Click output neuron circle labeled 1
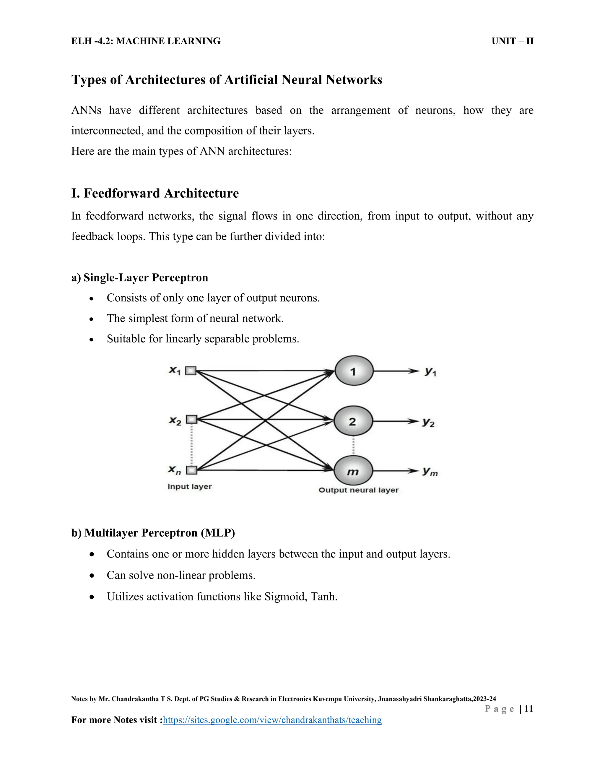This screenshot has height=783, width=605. (x=354, y=371)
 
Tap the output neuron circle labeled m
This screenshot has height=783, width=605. (x=353, y=471)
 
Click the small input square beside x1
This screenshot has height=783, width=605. (x=191, y=371)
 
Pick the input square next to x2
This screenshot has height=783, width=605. (x=192, y=419)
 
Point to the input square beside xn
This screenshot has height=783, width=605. (x=192, y=470)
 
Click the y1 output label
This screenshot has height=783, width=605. (x=430, y=372)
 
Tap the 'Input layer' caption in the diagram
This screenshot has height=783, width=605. (x=190, y=487)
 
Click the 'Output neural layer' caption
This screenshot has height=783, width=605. (x=358, y=490)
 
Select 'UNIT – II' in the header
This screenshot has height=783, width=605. (x=513, y=41)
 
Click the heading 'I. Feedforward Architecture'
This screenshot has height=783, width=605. (x=155, y=193)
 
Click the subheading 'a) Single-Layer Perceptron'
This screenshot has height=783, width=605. (x=140, y=277)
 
